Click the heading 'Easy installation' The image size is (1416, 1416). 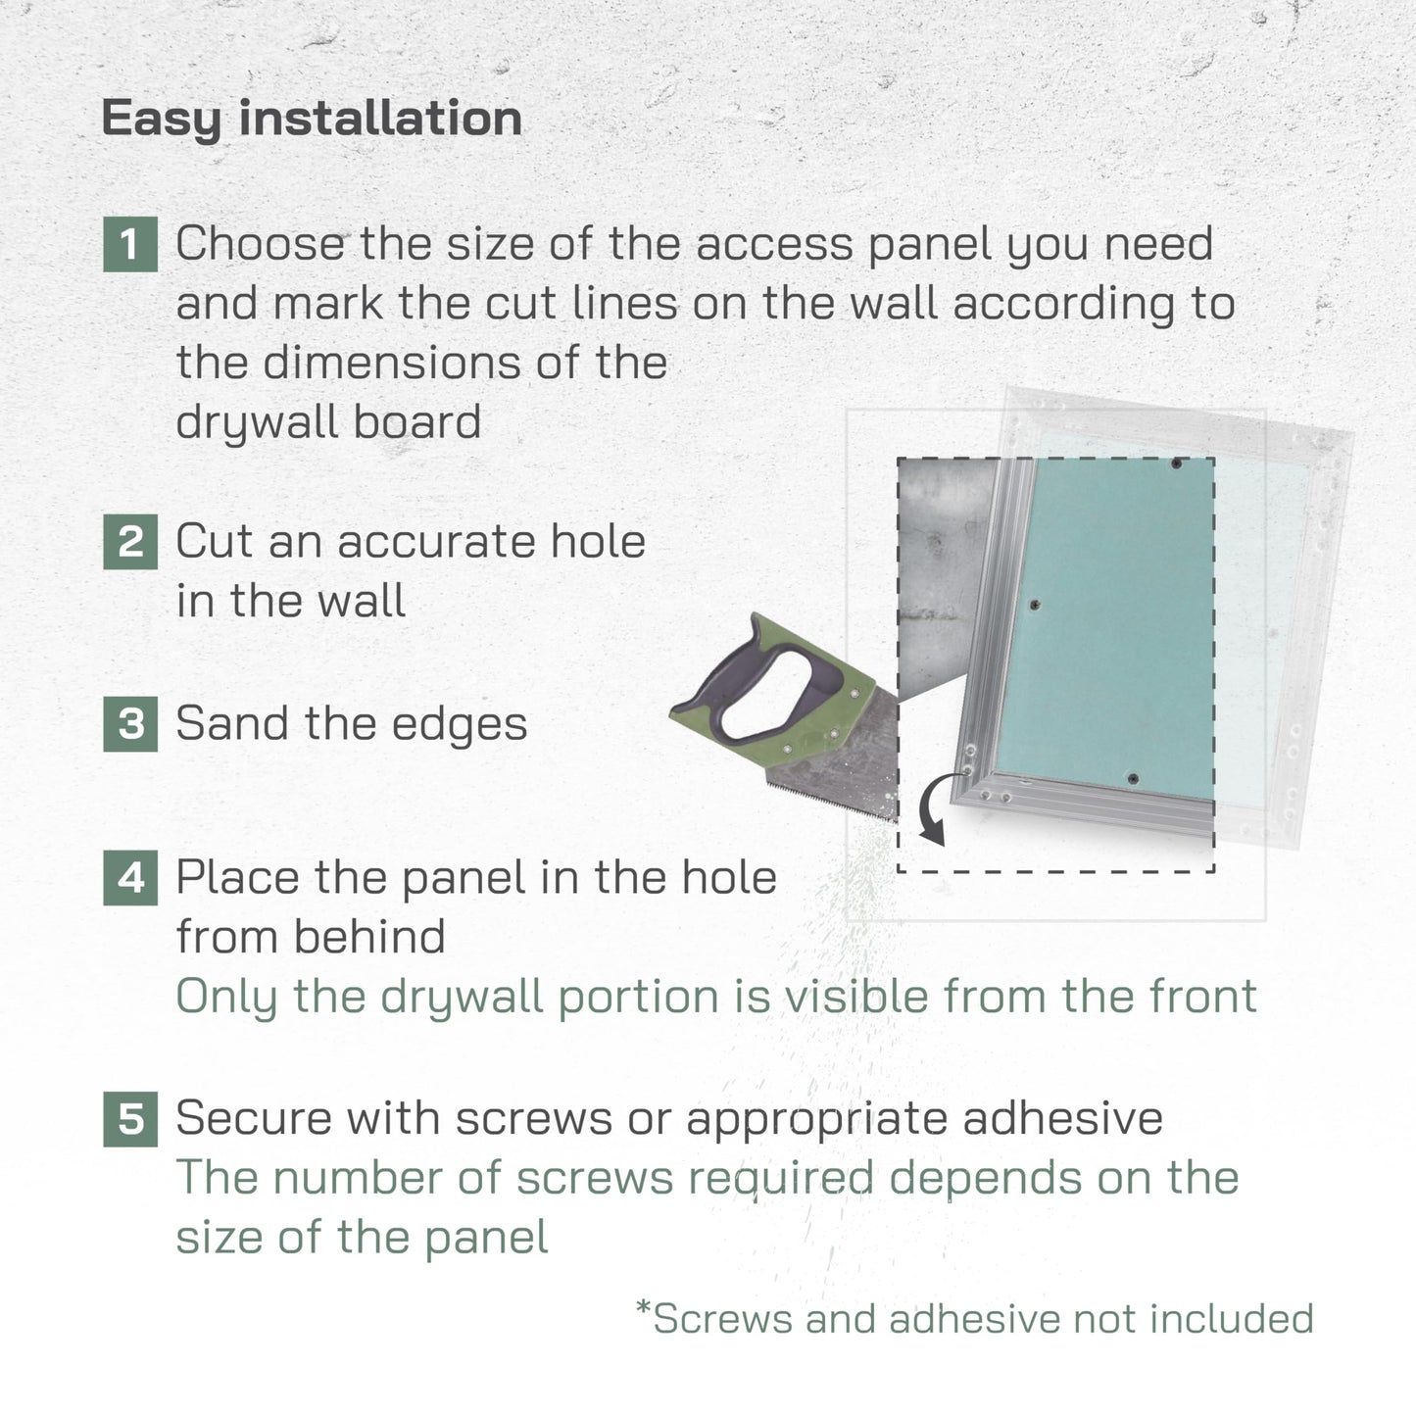click(312, 119)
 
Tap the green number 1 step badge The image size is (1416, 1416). click(130, 244)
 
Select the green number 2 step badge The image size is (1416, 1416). click(130, 542)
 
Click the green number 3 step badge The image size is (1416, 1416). click(130, 724)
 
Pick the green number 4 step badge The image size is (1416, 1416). click(130, 877)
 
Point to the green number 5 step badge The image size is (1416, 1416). click(130, 1118)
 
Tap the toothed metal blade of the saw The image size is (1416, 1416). click(843, 764)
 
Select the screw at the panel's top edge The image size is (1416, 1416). click(1176, 464)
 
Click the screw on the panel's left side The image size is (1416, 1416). click(1034, 606)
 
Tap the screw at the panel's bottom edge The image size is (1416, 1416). click(1133, 779)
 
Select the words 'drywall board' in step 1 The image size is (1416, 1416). click(328, 423)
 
